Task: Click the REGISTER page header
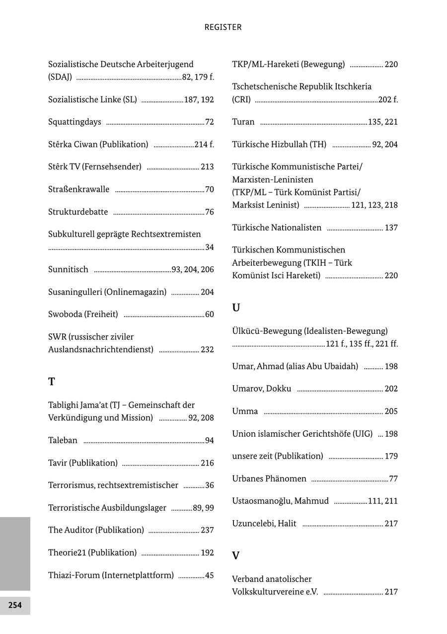223,27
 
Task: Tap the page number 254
15,605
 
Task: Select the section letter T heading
52,382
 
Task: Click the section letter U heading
236,308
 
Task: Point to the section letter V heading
236,555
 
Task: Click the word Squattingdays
74,122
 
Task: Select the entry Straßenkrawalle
78,189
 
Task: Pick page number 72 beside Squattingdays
209,122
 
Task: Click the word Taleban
63,440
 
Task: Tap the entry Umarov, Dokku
261,389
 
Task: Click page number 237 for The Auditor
207,530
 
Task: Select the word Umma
245,411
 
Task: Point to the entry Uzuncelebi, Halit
264,523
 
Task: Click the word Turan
243,122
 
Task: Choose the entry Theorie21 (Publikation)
92,553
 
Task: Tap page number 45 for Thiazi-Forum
209,575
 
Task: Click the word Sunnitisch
68,269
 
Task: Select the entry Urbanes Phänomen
269,478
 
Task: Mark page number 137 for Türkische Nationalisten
391,228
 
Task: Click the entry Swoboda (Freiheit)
83,314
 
